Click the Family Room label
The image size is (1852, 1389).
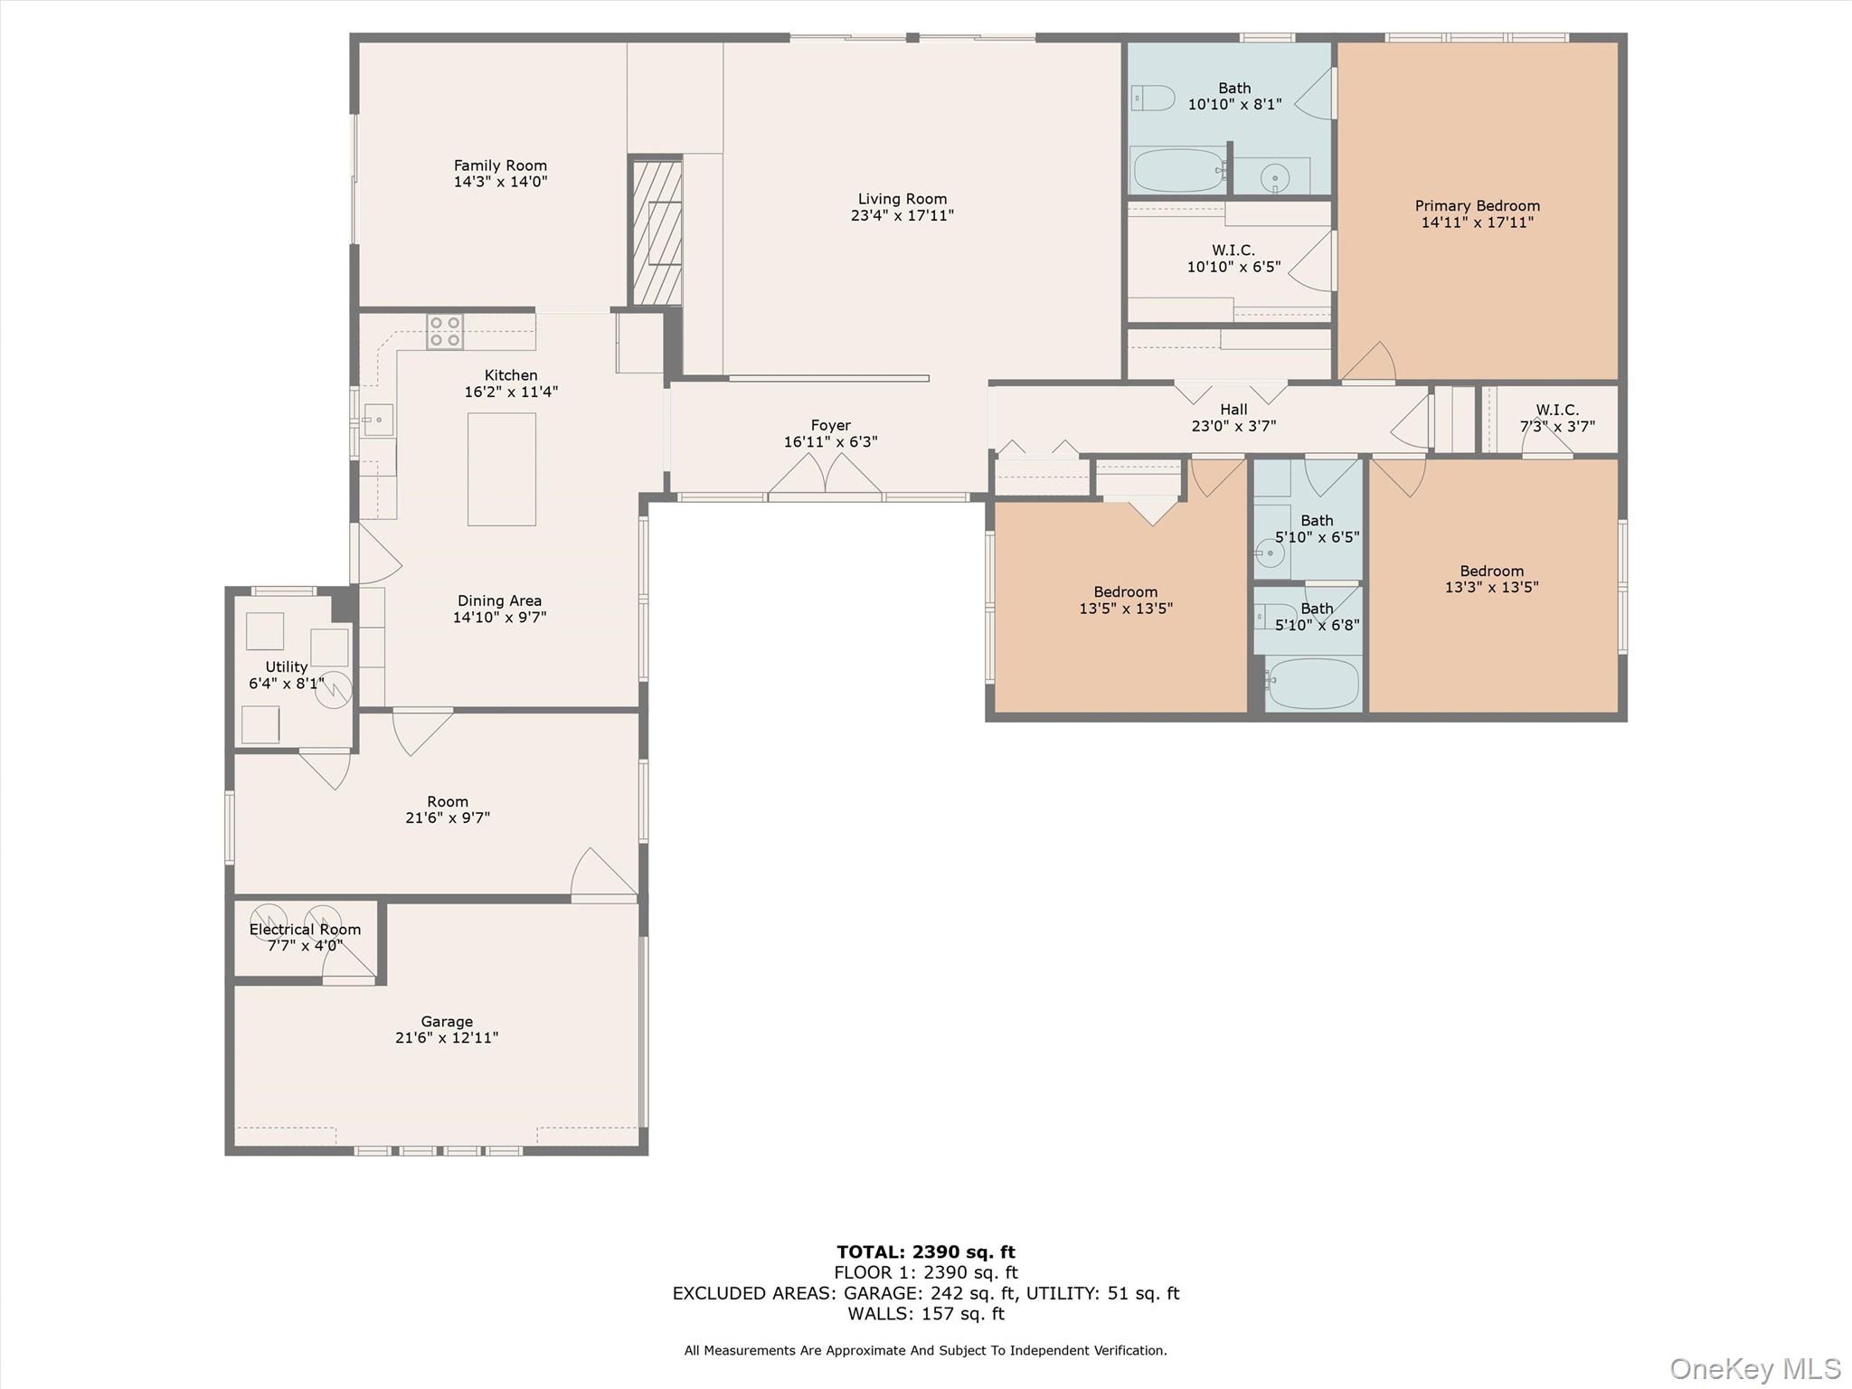click(500, 165)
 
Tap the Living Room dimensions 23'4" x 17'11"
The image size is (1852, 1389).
click(902, 216)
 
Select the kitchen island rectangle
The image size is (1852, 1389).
click(502, 469)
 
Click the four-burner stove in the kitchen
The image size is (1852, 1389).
click(445, 332)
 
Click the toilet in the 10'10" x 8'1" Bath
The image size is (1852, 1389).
click(1153, 98)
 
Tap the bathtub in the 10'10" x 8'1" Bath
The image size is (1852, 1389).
click(1178, 171)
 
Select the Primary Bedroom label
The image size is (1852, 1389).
click(1477, 206)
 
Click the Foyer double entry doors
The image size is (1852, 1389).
click(826, 475)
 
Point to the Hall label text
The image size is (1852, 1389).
click(1233, 410)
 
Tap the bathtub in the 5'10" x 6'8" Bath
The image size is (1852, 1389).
click(1313, 684)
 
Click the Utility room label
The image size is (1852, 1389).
click(286, 666)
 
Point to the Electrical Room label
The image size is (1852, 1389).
click(305, 930)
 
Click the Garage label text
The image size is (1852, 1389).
click(447, 1022)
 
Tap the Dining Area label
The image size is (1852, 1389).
click(499, 600)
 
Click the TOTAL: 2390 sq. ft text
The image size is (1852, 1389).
click(925, 1252)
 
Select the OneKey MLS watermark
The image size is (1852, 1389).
click(1754, 1369)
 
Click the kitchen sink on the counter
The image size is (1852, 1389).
click(378, 420)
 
